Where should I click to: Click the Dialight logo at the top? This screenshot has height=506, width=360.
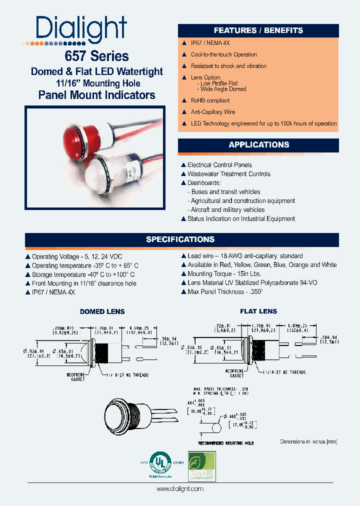(81, 29)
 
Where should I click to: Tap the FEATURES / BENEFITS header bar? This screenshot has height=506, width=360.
(258, 30)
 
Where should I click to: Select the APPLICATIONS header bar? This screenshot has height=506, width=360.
(258, 145)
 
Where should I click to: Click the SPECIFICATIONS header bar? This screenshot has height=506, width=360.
(180, 239)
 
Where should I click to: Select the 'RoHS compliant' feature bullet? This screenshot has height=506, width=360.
(210, 100)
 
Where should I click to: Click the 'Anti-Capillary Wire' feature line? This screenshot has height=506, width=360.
(212, 112)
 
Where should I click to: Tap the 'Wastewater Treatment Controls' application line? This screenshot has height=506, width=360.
(228, 174)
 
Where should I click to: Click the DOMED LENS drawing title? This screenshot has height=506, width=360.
(102, 311)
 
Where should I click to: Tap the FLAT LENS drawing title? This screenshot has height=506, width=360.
(258, 311)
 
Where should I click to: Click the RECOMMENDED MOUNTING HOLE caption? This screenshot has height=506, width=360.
(226, 443)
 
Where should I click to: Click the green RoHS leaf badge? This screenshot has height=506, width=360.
(201, 466)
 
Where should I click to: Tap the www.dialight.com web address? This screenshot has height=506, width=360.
(180, 489)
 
